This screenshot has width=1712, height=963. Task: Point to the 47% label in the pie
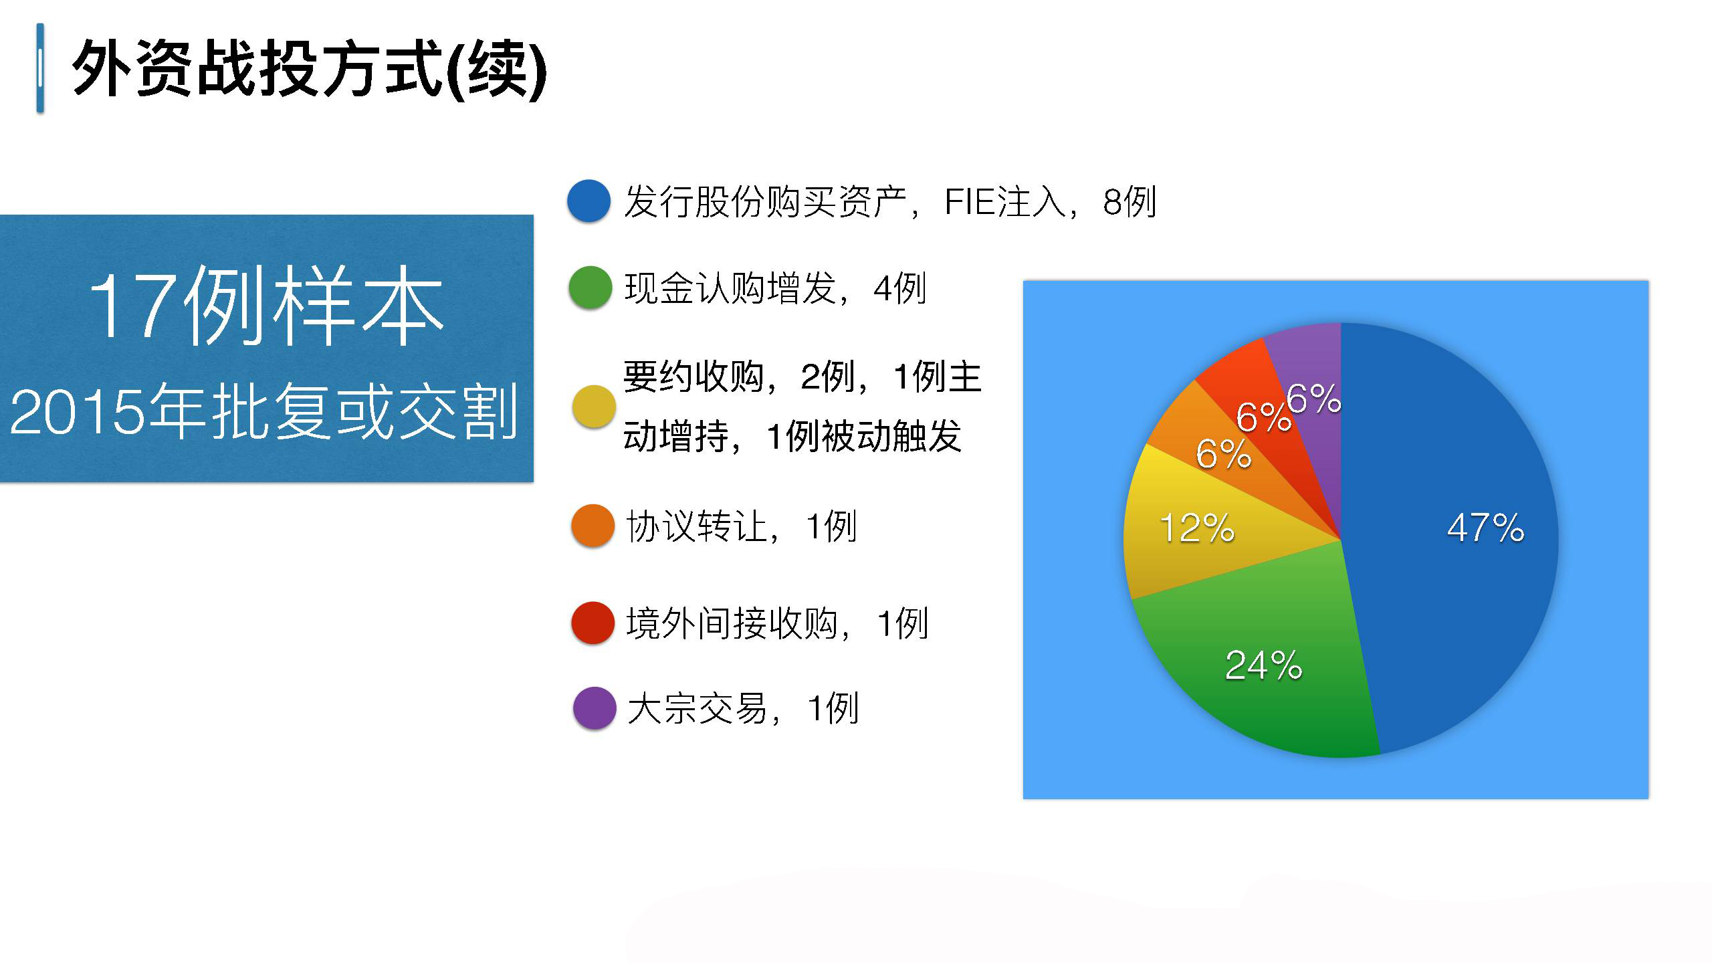click(x=1485, y=528)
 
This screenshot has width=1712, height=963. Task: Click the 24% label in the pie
click(x=1263, y=665)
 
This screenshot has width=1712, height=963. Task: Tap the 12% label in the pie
click(x=1197, y=528)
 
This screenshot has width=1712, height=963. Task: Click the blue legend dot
click(x=589, y=201)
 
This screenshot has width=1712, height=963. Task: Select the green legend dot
click(x=591, y=288)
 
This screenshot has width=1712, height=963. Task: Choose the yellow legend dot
click(x=594, y=406)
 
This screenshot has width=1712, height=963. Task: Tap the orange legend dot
click(x=593, y=525)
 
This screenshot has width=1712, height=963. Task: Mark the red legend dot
click(x=593, y=623)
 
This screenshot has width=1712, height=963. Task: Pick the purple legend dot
click(x=595, y=708)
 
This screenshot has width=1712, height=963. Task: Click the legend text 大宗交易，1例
click(x=742, y=708)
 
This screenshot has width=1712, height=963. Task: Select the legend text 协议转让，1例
click(x=741, y=526)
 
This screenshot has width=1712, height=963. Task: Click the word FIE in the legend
click(x=970, y=201)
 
